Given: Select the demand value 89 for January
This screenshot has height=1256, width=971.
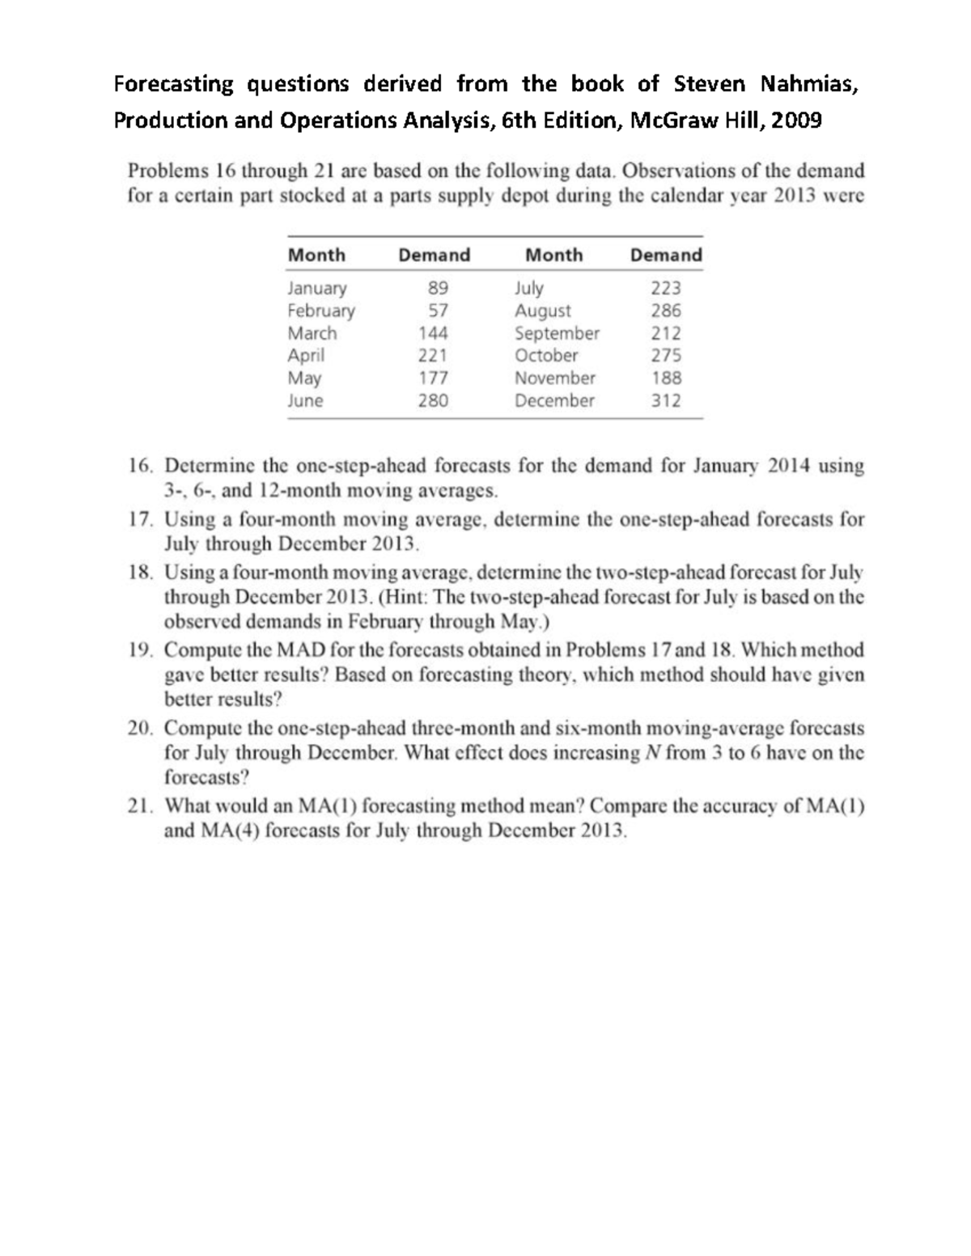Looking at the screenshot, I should click(x=437, y=288).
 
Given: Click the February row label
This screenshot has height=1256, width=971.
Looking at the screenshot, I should click(x=321, y=311).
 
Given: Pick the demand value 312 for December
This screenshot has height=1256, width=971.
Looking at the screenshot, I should click(x=666, y=400).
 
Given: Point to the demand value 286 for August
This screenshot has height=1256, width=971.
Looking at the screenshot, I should click(x=666, y=311).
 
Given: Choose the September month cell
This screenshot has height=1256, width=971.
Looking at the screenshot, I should click(x=557, y=333).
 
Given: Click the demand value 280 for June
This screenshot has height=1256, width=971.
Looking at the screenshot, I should click(x=433, y=400).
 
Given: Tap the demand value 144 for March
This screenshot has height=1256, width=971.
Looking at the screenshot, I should click(x=433, y=333).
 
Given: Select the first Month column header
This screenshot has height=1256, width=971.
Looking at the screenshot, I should click(x=316, y=256).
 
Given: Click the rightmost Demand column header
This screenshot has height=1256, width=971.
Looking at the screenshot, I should click(x=666, y=256).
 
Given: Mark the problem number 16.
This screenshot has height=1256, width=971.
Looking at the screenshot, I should click(x=139, y=467).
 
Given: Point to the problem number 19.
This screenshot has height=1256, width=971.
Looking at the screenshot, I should click(x=139, y=650).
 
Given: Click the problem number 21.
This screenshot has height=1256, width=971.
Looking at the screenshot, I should click(x=139, y=806).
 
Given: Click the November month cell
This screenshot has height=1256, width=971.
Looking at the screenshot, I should click(x=554, y=378).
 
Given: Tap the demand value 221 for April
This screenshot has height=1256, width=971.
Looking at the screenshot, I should click(x=433, y=355).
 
